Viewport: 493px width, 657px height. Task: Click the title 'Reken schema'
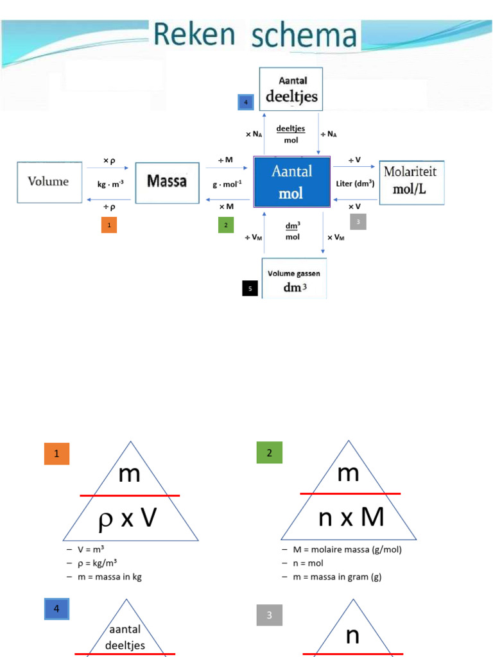click(255, 36)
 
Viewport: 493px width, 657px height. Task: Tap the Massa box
click(167, 182)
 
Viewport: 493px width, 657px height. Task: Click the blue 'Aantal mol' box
click(292, 182)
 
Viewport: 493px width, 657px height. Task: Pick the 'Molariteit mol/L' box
click(411, 182)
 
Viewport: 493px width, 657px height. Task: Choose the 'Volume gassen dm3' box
click(294, 278)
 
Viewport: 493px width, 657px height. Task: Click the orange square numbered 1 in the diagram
click(109, 225)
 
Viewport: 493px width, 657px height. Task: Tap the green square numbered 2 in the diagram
click(225, 225)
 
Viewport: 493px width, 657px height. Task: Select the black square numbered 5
click(250, 289)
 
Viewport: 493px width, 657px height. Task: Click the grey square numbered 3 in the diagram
click(358, 222)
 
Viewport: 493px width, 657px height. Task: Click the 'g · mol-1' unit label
click(228, 184)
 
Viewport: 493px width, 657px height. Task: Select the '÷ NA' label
click(328, 134)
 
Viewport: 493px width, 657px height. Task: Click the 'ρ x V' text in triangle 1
click(128, 518)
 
